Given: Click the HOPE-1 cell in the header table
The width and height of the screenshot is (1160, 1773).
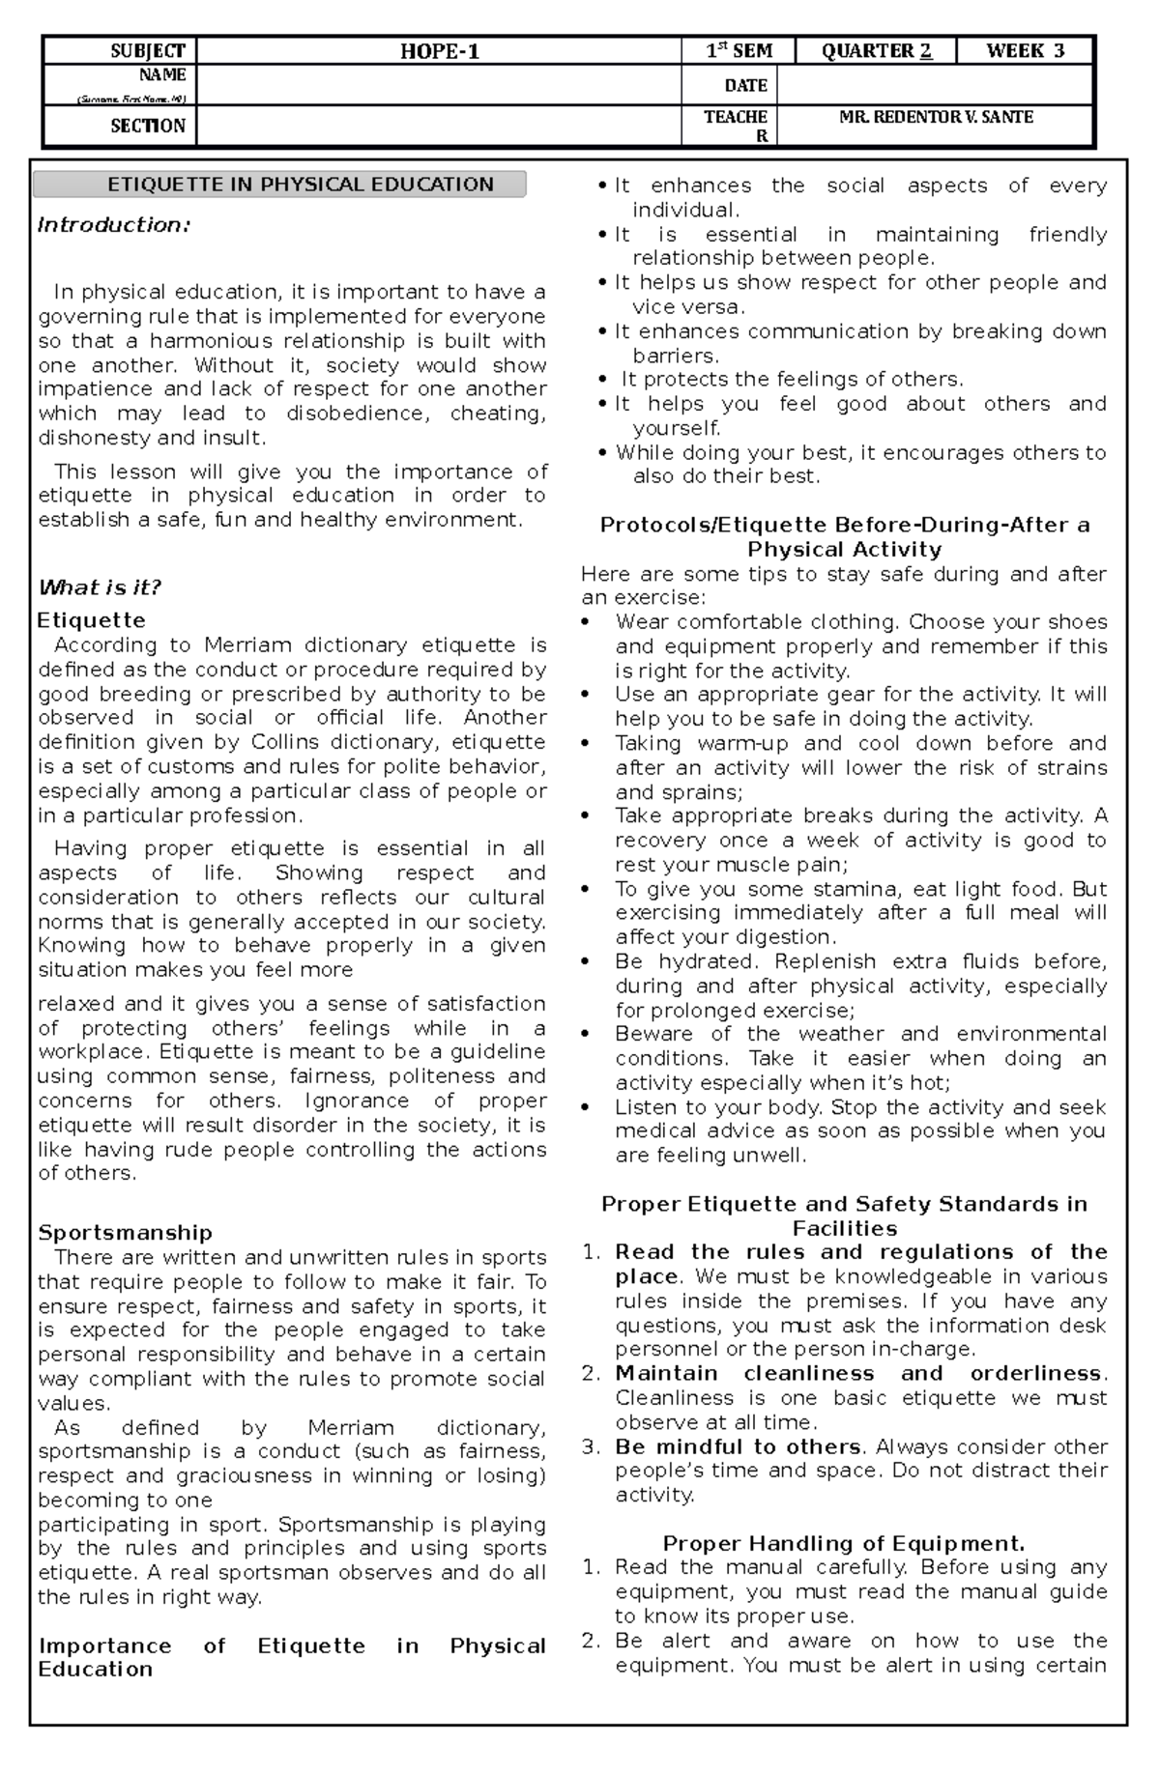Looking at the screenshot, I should tap(440, 52).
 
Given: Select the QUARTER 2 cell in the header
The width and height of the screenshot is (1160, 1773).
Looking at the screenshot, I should tap(876, 51).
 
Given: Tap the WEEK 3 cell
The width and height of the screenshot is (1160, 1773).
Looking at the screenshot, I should tap(1025, 51).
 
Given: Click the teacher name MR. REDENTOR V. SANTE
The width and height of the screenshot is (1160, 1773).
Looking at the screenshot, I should tap(936, 118).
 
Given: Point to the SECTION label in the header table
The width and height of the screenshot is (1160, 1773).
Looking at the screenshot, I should tap(147, 126).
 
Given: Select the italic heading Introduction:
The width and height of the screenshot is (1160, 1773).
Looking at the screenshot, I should tap(113, 225).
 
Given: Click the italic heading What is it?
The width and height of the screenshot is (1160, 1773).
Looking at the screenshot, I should tap(99, 587).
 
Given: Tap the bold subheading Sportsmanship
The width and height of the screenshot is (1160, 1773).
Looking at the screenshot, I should tap(125, 1233).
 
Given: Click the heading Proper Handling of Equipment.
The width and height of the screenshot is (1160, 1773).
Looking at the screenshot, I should tap(843, 1544).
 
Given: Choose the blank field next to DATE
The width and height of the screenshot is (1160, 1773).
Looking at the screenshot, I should tap(934, 86).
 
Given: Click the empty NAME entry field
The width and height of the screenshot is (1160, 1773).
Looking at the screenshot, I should tap(438, 85).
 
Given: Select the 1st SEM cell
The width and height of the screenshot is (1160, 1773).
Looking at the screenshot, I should tap(739, 51).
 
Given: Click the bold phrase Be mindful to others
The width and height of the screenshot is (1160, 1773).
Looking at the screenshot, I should tap(739, 1446).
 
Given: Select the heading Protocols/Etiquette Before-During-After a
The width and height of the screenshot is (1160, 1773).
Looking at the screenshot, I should tap(844, 526).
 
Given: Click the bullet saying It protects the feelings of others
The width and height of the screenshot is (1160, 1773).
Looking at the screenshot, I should tap(791, 380).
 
